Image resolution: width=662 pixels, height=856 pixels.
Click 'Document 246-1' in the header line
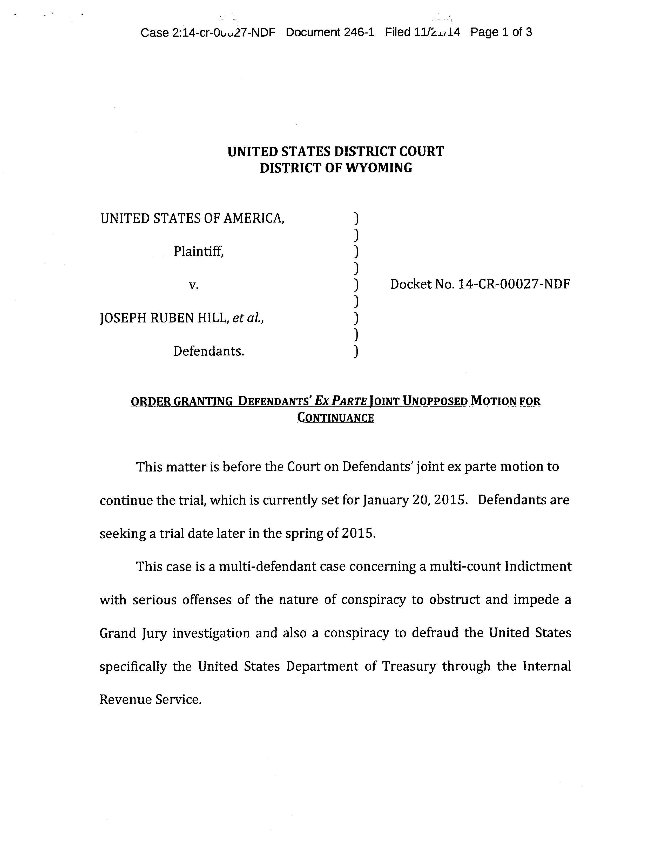tap(330, 32)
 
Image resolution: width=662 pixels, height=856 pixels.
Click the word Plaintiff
tap(198, 251)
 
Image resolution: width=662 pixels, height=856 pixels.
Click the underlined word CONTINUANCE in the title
tap(335, 418)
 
